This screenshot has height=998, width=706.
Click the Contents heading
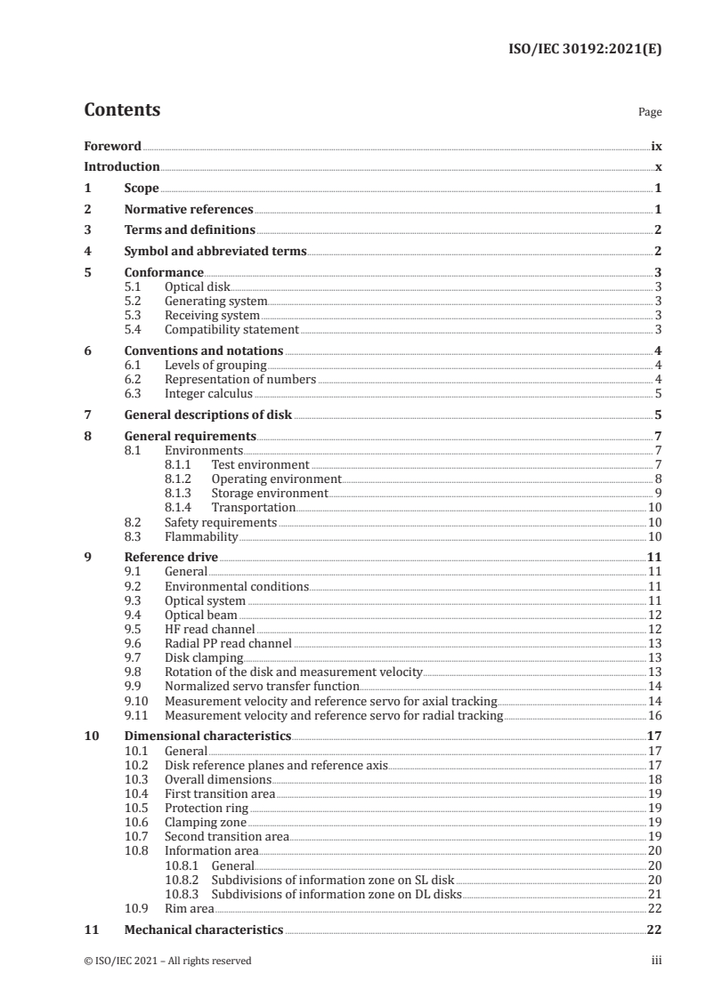pyautogui.click(x=122, y=110)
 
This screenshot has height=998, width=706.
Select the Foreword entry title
pyautogui.click(x=112, y=146)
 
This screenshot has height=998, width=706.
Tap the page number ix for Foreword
pyautogui.click(x=656, y=146)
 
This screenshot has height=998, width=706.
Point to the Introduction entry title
pyautogui.click(x=121, y=167)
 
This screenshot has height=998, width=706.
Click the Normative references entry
pyautogui.click(x=189, y=210)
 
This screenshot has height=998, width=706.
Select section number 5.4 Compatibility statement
pyautogui.click(x=134, y=329)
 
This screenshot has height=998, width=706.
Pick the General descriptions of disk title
pyautogui.click(x=208, y=414)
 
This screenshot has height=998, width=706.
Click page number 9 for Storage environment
pyautogui.click(x=658, y=493)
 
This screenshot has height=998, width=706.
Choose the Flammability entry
pyautogui.click(x=200, y=537)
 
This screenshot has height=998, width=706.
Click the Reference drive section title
pyautogui.click(x=171, y=558)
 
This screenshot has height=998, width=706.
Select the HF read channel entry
pyautogui.click(x=205, y=629)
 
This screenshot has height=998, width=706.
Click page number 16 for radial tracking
pyautogui.click(x=655, y=714)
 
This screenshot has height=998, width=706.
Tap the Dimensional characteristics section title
pyautogui.click(x=207, y=736)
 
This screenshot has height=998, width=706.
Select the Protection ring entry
pyautogui.click(x=206, y=808)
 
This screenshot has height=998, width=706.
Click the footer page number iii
pyautogui.click(x=657, y=961)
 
